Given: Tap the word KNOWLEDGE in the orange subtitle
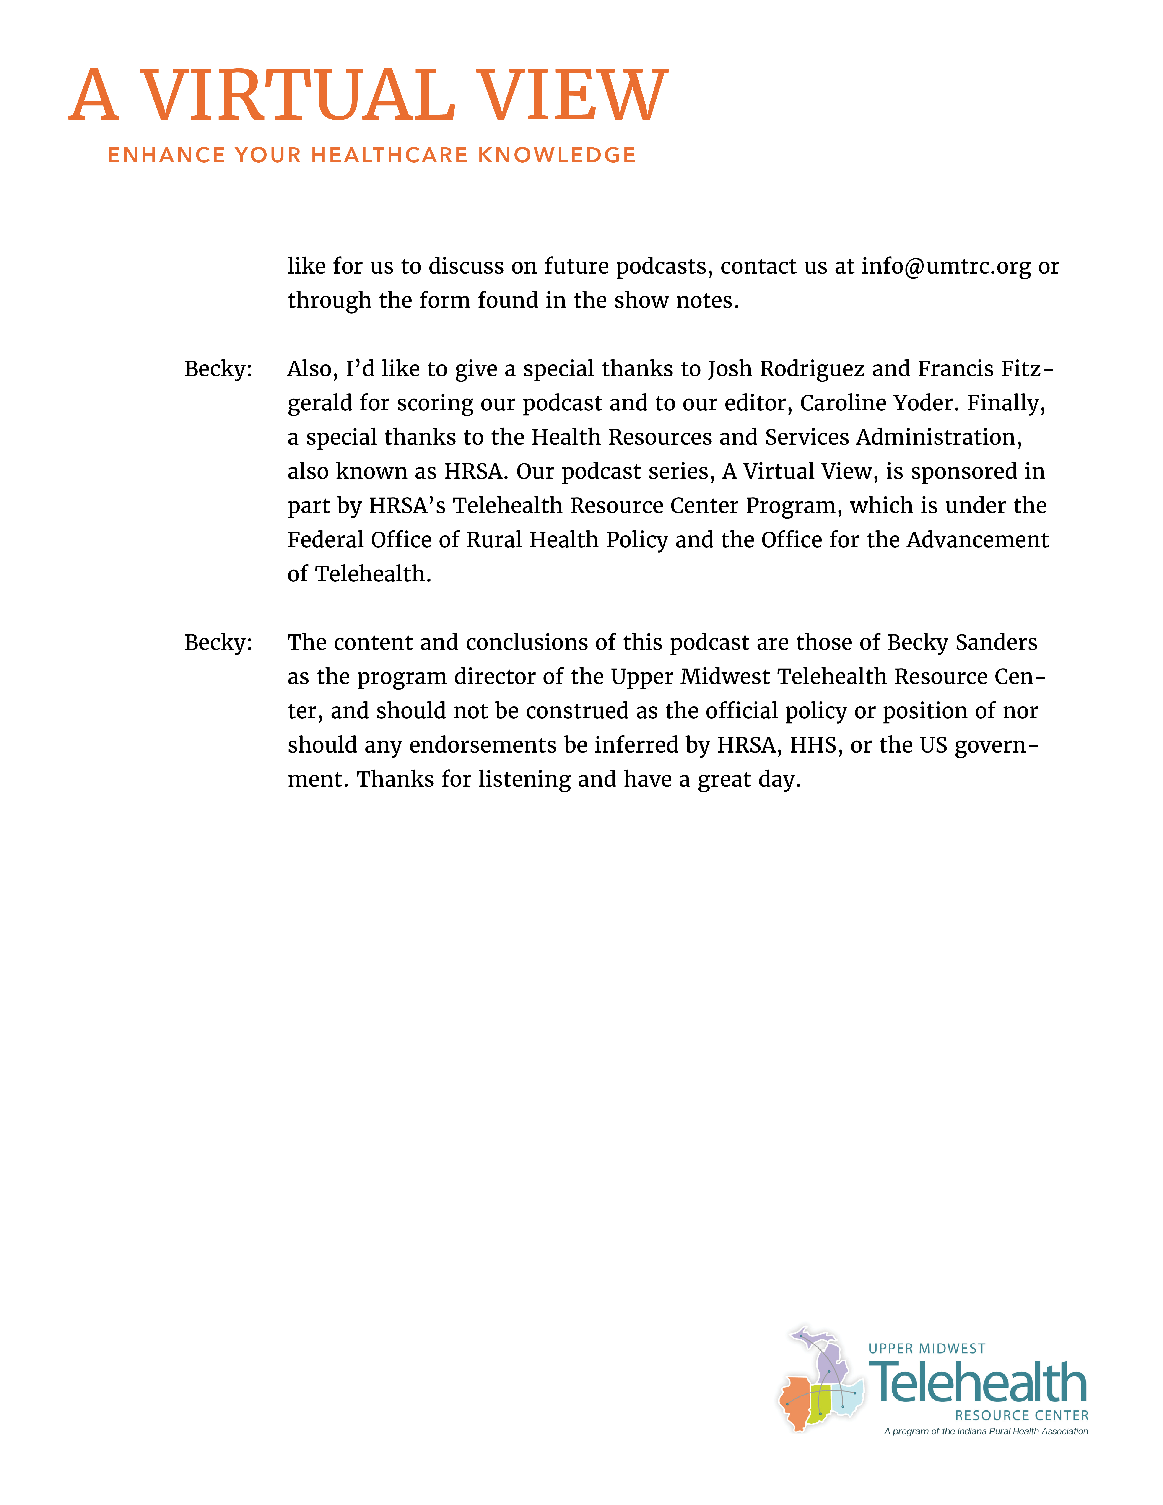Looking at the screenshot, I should tap(557, 155).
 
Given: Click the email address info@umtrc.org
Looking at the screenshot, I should tap(946, 266).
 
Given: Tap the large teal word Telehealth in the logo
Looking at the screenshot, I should tap(978, 1382).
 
